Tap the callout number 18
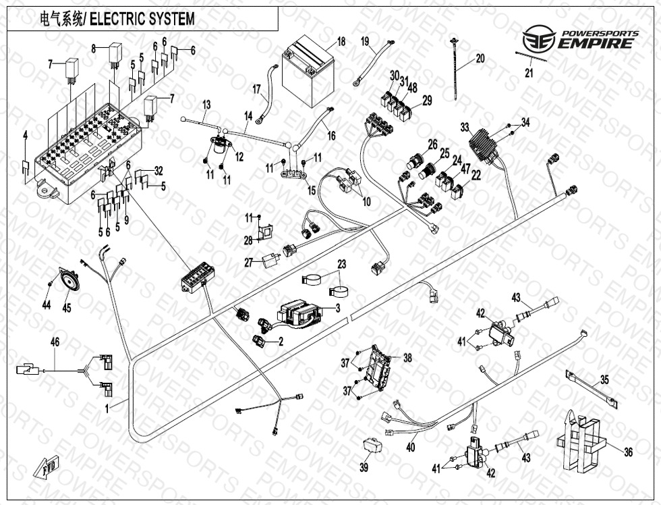[x=341, y=42]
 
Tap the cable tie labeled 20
[x=456, y=71]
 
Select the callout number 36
[x=628, y=453]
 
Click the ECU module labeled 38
[x=378, y=367]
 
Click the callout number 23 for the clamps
[x=341, y=264]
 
